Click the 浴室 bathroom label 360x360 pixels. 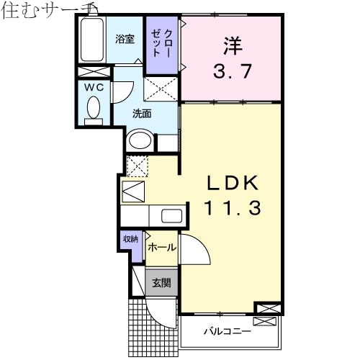click(125, 40)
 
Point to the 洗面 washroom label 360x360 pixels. click(142, 113)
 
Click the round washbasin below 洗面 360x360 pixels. click(140, 140)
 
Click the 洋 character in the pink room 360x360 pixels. click(230, 45)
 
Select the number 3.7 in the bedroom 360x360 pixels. click(230, 72)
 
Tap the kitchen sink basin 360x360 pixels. click(171, 215)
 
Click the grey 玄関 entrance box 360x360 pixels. click(161, 283)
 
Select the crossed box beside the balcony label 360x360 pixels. click(266, 310)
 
